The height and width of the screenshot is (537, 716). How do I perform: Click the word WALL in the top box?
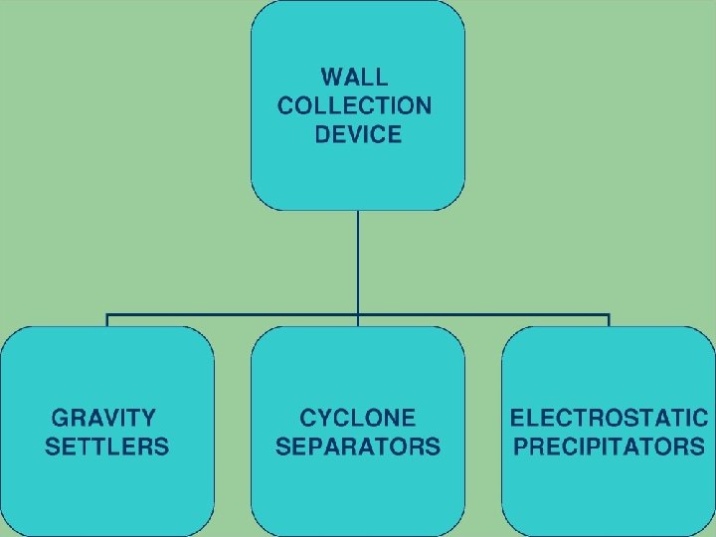pos(355,77)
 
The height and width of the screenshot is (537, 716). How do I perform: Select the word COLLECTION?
pos(355,105)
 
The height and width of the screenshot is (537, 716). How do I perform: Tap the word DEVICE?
pos(358,134)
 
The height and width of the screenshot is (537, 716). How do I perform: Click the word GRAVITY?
pos(103,418)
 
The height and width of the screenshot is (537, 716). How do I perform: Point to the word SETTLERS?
pos(107,447)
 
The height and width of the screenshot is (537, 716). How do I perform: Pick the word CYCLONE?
pos(358,418)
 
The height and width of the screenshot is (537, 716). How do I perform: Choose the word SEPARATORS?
pos(358,447)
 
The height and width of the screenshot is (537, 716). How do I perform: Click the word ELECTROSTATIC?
pos(609,418)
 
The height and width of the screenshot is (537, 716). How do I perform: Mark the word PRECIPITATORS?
pos(609,447)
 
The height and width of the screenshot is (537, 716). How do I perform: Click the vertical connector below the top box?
pos(358,259)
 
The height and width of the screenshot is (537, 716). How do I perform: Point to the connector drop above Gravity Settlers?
pos(107,321)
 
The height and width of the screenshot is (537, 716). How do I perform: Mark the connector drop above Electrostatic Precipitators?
pos(609,321)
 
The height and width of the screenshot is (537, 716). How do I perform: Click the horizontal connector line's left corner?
pos(107,315)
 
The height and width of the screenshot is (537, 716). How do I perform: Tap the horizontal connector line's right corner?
pos(609,315)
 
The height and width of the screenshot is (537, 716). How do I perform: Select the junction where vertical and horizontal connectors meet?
pos(358,315)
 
